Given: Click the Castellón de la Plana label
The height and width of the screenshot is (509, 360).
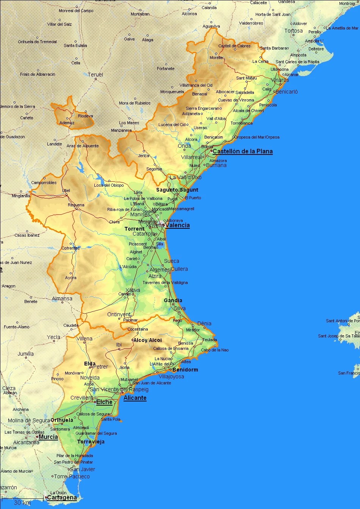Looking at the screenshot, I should [x=243, y=151].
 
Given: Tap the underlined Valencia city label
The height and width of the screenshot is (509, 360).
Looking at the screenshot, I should [x=177, y=225].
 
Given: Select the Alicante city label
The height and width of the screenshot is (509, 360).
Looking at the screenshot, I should [x=135, y=398].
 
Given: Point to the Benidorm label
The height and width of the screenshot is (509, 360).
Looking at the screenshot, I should [x=185, y=370].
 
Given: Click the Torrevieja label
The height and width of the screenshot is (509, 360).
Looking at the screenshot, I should [x=91, y=442].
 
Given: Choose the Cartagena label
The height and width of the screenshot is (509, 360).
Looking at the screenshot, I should [x=62, y=498].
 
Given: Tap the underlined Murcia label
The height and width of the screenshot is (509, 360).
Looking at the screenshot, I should [x=48, y=437].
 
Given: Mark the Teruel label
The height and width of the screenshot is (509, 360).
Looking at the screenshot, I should [x=95, y=75].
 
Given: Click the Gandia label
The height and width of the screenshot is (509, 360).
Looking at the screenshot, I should [x=173, y=300].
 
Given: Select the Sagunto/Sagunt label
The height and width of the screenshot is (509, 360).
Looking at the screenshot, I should [x=177, y=190].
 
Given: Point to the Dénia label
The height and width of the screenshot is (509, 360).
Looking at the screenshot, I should [x=204, y=323].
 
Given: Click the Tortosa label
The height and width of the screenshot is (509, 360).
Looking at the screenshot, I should [x=294, y=31].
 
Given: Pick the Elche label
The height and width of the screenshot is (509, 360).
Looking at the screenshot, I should [x=104, y=402].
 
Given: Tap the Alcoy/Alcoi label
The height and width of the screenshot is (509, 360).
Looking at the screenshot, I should [x=148, y=340].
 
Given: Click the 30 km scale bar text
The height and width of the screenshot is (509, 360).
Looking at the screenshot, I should [x=22, y=503].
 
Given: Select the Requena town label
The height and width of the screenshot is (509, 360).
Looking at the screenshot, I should [x=76, y=205].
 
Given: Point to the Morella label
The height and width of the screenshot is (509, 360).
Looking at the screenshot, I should [x=216, y=58].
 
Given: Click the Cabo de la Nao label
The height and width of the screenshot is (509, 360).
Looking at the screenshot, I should [x=215, y=350].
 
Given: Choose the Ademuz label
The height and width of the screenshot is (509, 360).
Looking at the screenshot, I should [x=67, y=123].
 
